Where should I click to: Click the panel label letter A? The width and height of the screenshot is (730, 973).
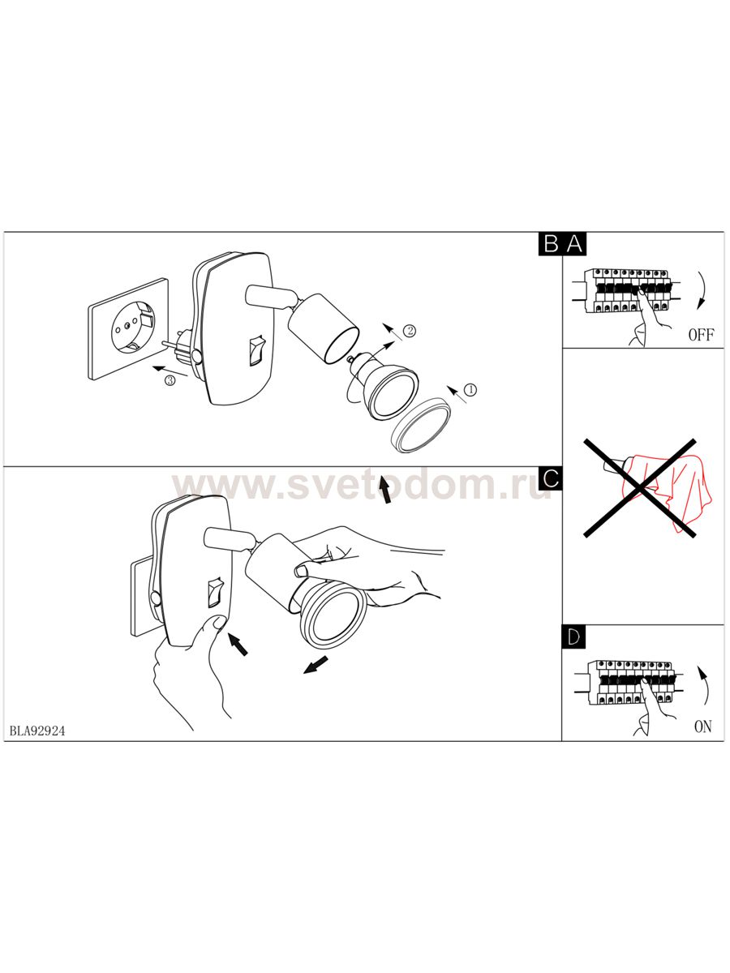click(x=575, y=244)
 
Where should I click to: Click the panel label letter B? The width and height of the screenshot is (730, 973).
click(x=552, y=244)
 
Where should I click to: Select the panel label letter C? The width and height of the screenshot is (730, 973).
click(x=551, y=478)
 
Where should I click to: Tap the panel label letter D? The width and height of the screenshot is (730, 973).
click(x=573, y=637)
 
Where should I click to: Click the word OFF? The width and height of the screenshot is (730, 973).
click(x=701, y=335)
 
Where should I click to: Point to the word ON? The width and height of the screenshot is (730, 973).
click(x=703, y=727)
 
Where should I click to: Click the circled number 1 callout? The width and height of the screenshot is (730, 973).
click(x=470, y=390)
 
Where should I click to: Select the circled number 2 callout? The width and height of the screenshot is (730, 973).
click(x=409, y=331)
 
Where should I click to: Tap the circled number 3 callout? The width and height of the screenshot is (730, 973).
click(x=170, y=380)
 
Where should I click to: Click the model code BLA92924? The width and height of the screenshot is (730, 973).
click(x=37, y=731)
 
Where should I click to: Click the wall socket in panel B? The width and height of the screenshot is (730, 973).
click(x=128, y=328)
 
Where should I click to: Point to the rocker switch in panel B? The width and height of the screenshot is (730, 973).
click(x=256, y=350)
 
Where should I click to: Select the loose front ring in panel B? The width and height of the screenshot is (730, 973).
click(x=420, y=426)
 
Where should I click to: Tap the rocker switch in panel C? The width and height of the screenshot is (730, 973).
click(x=216, y=591)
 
